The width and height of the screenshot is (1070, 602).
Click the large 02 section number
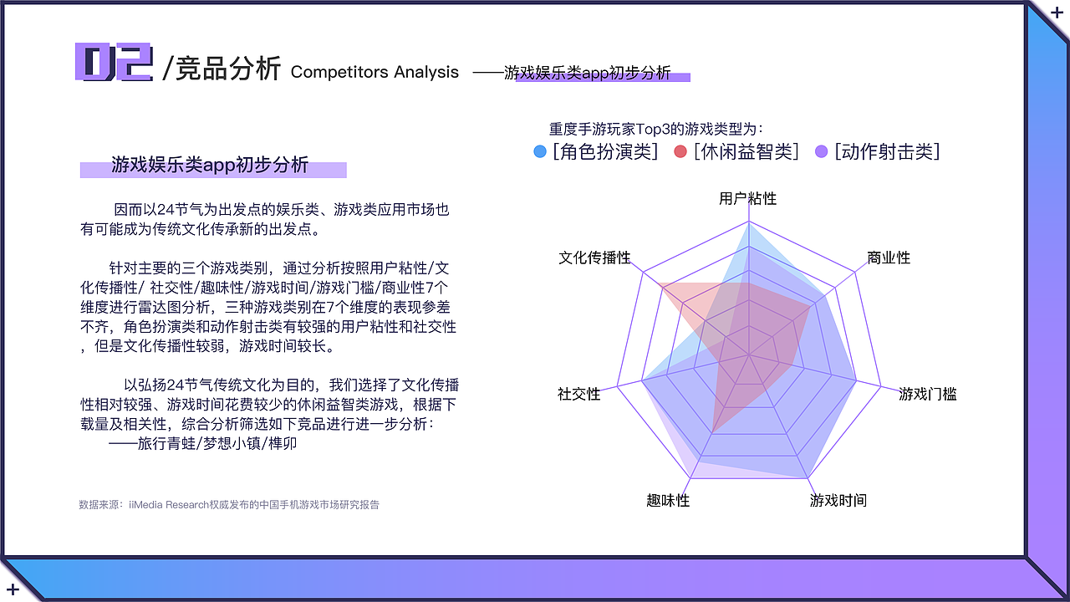pos(114,63)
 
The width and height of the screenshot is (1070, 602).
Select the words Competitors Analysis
pos(374,73)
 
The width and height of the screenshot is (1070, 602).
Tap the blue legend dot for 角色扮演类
pos(540,151)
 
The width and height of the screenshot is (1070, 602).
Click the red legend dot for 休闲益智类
pos(680,151)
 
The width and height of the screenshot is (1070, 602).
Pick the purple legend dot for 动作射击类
pos(821,151)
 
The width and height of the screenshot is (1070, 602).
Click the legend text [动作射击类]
pos(887,151)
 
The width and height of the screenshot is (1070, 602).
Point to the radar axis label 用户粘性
pos(747,198)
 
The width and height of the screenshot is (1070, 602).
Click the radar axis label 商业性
pos(889,258)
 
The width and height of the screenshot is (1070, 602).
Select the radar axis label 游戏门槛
pos(927,394)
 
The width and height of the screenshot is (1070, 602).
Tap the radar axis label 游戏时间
pos(838,500)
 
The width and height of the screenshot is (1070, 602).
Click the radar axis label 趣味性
pos(667,500)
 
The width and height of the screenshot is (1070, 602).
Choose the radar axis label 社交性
pos(578,394)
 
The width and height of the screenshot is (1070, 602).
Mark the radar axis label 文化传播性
pos(594,258)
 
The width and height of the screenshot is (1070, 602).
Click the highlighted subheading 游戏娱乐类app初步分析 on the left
pos(210,165)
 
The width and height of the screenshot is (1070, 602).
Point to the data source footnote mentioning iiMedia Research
pos(228,504)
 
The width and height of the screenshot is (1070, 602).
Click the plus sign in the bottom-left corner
pos(13,589)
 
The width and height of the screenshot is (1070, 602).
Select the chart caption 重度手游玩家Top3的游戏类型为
pos(655,129)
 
